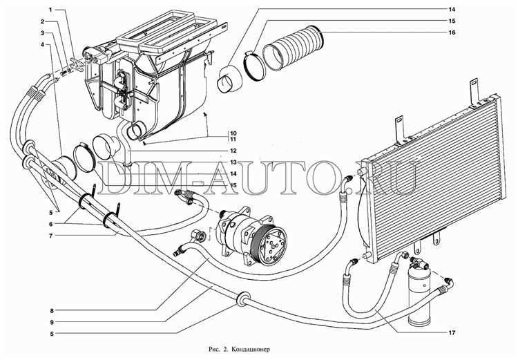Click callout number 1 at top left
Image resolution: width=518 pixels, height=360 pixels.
tap(50, 10)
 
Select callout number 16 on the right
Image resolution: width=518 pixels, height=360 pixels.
tap(452, 32)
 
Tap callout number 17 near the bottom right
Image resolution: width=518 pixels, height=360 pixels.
tap(452, 332)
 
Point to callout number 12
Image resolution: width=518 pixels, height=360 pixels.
tap(233, 151)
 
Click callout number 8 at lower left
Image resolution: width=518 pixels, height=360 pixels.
tap(52, 311)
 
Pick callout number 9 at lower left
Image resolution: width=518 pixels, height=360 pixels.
tap(52, 322)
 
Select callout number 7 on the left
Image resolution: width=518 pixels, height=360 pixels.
tap(50, 236)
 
